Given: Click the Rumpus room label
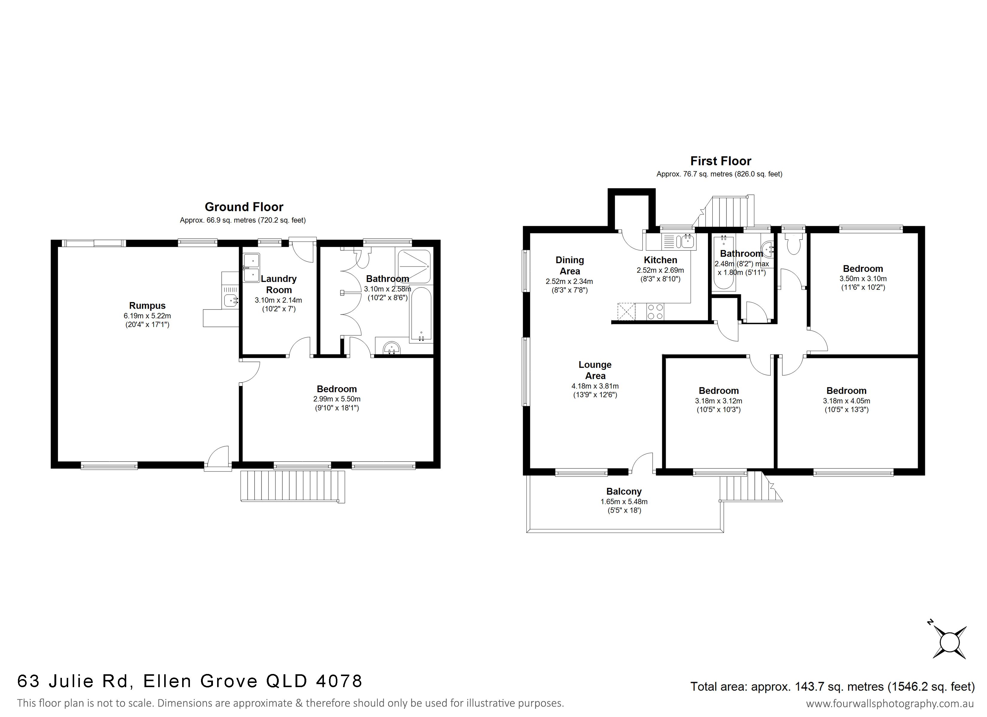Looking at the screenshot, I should [147, 306].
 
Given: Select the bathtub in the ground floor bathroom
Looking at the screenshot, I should [421, 313].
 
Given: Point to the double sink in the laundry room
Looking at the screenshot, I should [251, 268].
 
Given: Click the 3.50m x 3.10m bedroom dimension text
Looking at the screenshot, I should [863, 279].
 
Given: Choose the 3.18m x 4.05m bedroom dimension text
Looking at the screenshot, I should [846, 401].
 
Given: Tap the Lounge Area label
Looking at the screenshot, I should [595, 370].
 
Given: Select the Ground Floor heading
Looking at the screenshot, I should [244, 207].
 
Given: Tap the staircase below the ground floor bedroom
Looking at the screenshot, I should [293, 487].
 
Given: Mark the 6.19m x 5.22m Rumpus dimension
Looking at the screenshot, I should [147, 316].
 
